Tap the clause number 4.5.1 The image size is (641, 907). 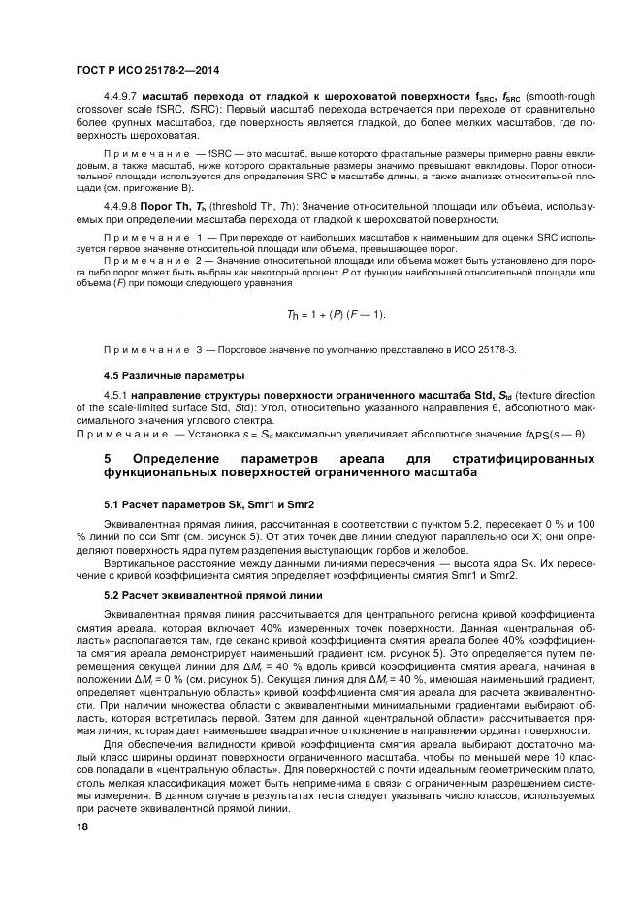coord(116,395)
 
